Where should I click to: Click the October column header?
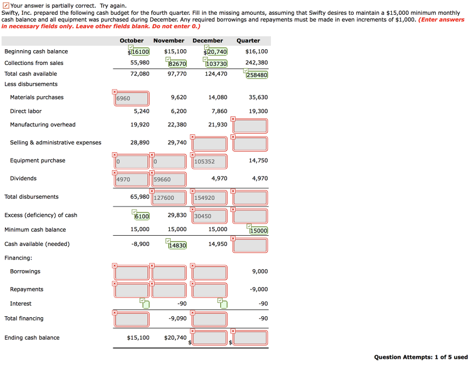[132, 41]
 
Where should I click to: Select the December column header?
[207, 41]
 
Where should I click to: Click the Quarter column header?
[248, 41]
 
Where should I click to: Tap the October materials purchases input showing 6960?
[132, 99]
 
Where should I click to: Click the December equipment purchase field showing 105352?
[210, 162]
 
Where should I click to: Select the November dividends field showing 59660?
[169, 180]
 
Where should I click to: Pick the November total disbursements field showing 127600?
[169, 198]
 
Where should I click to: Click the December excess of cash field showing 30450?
[210, 216]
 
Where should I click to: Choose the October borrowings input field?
[132, 273]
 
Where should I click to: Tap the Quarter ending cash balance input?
[250, 338]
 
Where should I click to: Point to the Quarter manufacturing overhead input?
[250, 126]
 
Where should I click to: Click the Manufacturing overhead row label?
[43, 125]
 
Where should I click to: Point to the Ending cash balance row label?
[32, 338]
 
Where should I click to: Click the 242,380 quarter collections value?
[256, 63]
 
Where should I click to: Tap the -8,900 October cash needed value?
[140, 244]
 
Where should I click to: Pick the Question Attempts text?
[421, 357]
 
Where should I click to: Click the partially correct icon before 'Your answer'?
[5, 6]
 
